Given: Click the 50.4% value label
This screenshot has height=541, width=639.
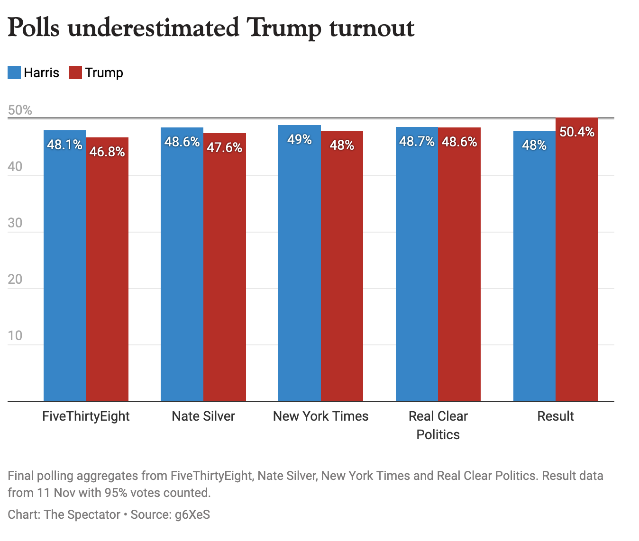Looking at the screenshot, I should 577,132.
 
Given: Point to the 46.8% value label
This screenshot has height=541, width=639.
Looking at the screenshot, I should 107,152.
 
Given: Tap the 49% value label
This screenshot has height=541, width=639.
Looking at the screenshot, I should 300,139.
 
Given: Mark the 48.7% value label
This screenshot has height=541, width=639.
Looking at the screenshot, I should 417,141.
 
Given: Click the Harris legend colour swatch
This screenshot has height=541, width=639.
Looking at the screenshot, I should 14,72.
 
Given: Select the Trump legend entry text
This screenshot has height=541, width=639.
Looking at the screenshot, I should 104,72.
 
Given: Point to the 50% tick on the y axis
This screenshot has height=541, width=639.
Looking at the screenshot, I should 20,110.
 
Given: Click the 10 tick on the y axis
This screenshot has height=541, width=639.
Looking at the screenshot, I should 15,335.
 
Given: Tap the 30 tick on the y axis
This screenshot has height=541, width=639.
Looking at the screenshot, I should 15,223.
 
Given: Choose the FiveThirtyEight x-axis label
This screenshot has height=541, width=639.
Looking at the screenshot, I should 86,416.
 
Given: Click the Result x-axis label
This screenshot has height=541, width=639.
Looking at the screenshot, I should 555,416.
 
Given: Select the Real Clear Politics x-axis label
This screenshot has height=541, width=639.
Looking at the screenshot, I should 438,425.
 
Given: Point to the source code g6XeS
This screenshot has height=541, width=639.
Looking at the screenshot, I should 192,514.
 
